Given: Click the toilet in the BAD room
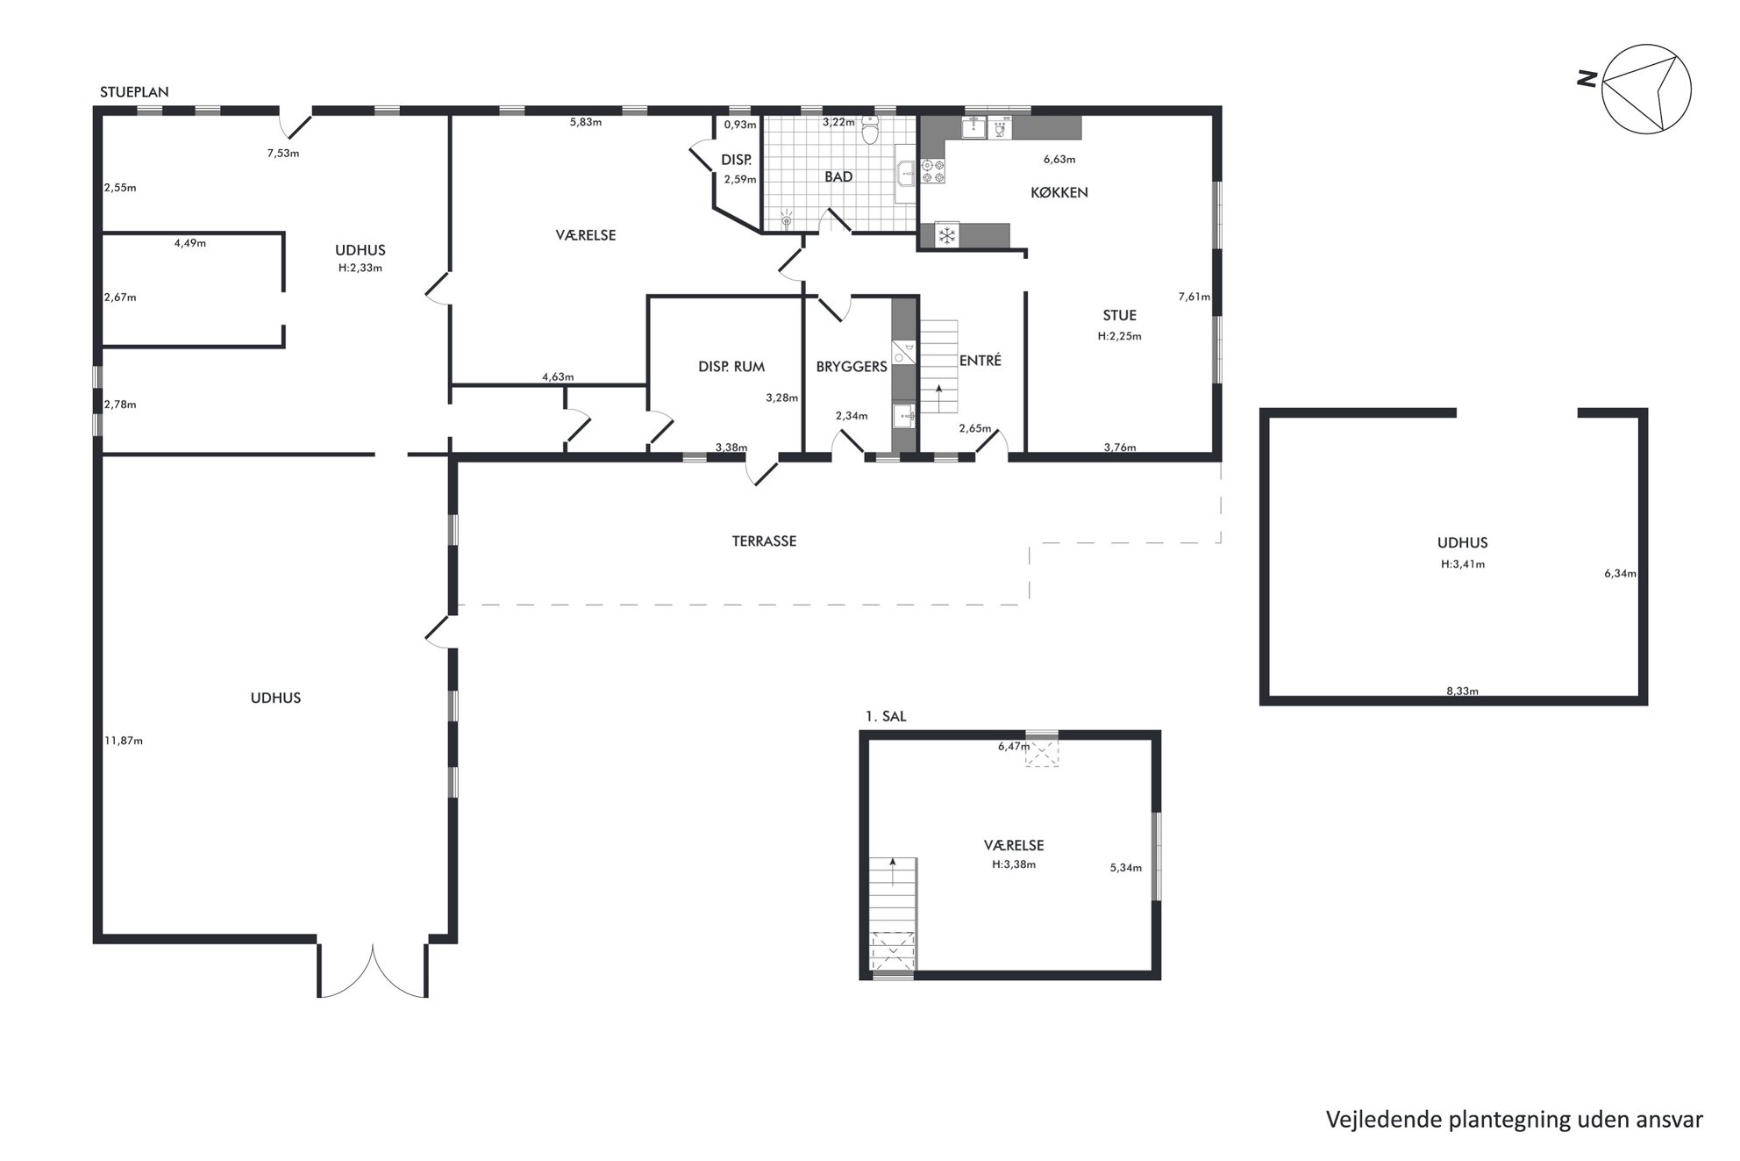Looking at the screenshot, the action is (870, 130).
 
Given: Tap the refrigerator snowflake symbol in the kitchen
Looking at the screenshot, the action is (947, 235).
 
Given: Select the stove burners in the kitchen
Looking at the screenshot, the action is (932, 171).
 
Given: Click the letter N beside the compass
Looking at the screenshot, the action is (1587, 79).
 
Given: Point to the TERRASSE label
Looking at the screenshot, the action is (764, 541).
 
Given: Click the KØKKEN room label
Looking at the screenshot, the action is (1059, 192).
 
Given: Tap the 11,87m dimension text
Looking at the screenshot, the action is (124, 741).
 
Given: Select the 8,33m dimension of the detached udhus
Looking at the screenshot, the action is (1462, 692).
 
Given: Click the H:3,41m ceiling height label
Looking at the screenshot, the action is (1463, 564).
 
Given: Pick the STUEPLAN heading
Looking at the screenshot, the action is (134, 92).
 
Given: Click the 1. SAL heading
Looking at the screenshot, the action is (886, 717).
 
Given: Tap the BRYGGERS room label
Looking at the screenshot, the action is (852, 367).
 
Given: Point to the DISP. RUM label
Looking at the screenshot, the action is (731, 367).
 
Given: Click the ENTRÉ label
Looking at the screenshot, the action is (980, 361).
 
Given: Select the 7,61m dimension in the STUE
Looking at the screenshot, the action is (1194, 297).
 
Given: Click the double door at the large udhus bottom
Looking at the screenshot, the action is (373, 971).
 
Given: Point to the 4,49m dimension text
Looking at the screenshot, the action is (190, 243).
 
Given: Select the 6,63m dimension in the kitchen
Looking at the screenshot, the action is (1059, 160).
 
